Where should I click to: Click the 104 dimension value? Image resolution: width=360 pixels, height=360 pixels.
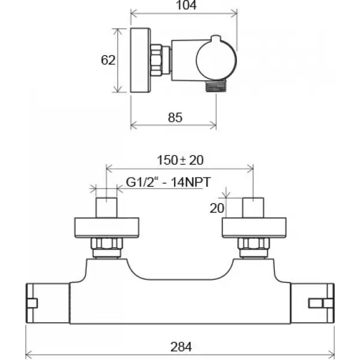186,5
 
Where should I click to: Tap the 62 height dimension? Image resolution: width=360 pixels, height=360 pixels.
108,60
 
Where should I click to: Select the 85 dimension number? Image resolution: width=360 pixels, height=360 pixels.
175,118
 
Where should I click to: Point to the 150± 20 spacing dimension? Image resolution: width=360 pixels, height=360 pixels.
180,160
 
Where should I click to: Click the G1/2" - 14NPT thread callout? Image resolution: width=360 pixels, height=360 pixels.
168,182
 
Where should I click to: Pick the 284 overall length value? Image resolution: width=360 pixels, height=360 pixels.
181,347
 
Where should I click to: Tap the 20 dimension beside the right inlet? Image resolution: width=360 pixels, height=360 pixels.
217,208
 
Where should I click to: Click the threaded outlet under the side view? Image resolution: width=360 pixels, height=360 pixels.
216,86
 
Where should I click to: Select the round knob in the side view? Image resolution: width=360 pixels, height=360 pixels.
216,60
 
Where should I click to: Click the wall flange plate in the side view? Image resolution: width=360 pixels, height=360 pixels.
140,61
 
